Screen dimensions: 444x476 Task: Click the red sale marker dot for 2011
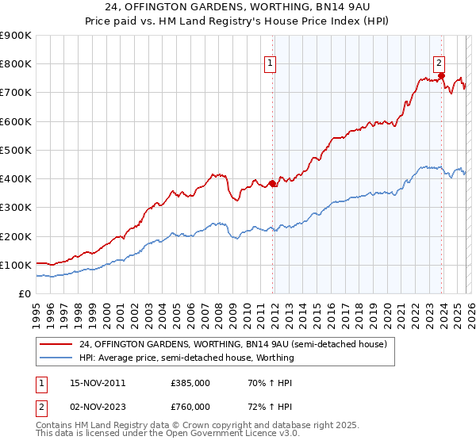(273, 183)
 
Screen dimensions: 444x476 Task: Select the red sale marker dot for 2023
(442, 76)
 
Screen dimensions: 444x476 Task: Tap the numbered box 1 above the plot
(271, 64)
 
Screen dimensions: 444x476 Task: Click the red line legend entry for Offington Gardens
(232, 344)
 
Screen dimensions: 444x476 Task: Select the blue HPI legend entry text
(186, 358)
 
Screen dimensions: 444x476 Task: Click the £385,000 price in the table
(190, 383)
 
